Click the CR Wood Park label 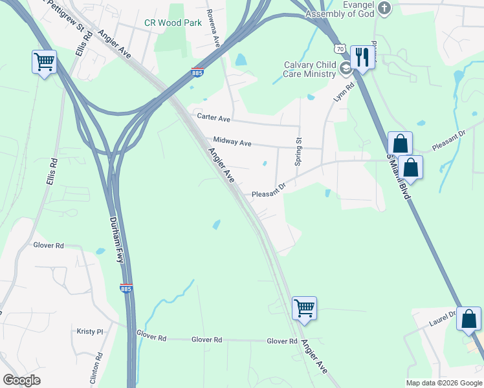(173, 23)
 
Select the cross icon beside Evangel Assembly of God (384, 8)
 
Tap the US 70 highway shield (340, 48)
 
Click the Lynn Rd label (344, 92)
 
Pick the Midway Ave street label (232, 142)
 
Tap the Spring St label (298, 151)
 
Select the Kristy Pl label (90, 331)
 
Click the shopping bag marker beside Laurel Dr (468, 318)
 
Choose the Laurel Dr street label (443, 318)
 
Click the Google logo (21, 380)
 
